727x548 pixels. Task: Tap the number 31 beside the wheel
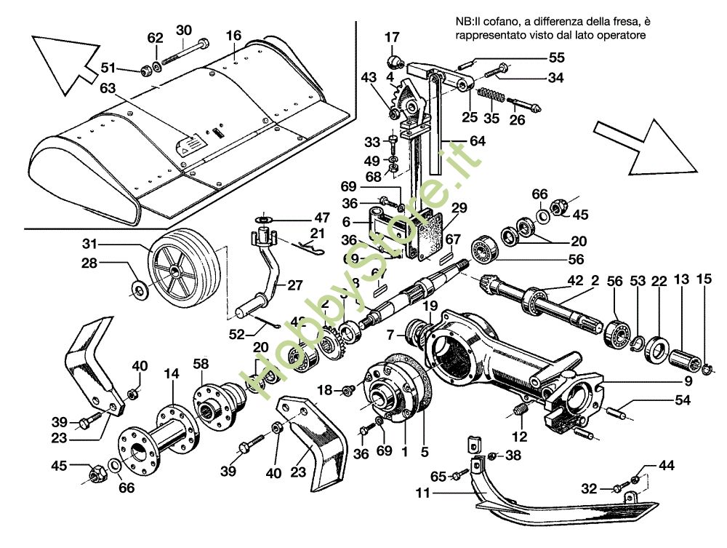89,243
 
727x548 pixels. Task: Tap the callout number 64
477,141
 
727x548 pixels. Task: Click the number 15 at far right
703,279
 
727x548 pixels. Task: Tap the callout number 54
682,400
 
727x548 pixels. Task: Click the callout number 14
171,373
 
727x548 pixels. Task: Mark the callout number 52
237,334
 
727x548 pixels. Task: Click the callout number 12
519,437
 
